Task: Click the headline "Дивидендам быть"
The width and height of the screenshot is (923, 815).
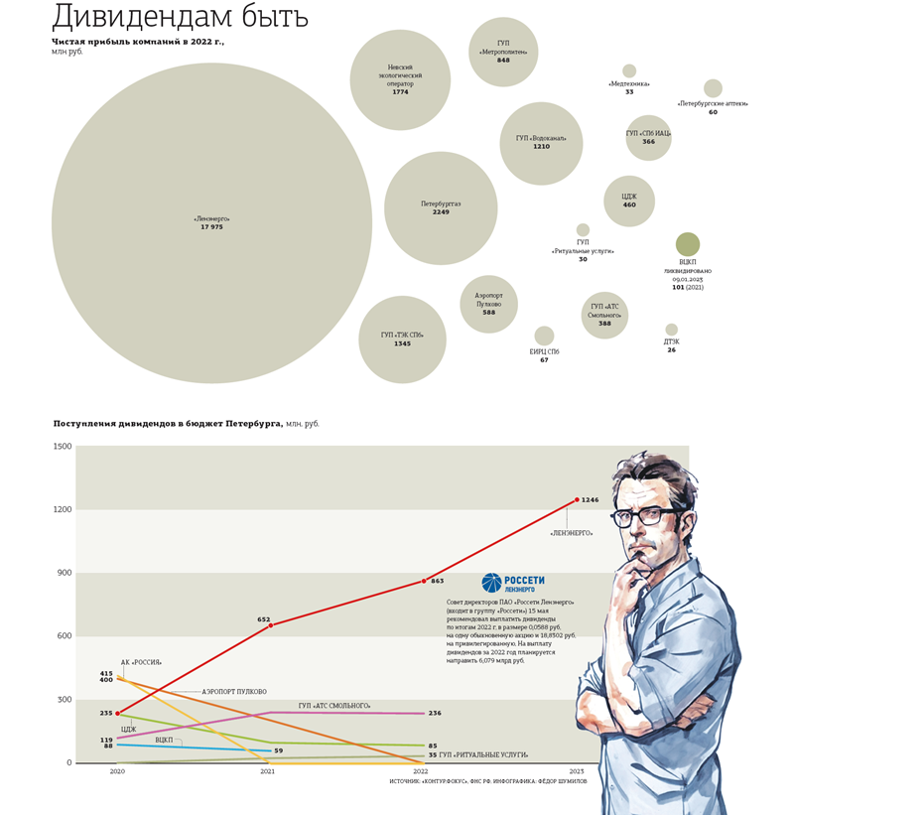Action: (180, 17)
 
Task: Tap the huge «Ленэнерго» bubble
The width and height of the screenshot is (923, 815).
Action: (211, 223)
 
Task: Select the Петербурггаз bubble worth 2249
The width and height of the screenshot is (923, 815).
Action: (441, 207)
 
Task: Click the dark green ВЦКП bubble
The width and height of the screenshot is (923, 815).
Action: (688, 244)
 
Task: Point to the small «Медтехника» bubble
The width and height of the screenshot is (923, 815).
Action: (629, 71)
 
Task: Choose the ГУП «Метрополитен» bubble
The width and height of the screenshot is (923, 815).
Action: (503, 52)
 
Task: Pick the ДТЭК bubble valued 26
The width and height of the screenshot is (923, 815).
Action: (672, 330)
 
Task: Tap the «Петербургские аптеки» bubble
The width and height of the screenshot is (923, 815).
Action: (713, 88)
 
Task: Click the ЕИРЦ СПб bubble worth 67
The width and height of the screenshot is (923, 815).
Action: (544, 336)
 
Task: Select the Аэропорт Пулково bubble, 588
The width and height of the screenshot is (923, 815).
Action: (488, 304)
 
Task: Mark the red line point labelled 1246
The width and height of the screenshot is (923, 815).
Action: (577, 500)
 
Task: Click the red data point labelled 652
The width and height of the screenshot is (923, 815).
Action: (271, 625)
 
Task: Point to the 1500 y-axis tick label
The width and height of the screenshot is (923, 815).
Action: (62, 447)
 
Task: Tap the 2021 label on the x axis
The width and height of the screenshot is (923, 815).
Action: (268, 771)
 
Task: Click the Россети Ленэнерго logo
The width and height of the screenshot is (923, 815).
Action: (513, 583)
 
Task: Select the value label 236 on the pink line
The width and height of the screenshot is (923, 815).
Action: (435, 714)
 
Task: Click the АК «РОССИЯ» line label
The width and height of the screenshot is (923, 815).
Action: (141, 662)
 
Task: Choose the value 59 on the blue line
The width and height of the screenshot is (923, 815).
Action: (279, 751)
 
